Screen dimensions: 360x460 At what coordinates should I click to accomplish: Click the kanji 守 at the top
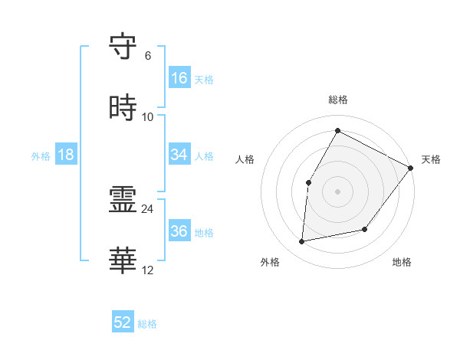tap(123, 47)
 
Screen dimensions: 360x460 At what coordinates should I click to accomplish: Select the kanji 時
tap(123, 109)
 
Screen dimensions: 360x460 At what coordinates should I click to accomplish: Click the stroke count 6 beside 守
tap(148, 56)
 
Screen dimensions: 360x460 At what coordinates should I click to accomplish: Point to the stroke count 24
tap(148, 208)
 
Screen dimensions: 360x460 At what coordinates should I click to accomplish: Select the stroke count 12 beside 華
tap(148, 270)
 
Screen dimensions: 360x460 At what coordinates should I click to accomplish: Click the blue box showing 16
tap(179, 78)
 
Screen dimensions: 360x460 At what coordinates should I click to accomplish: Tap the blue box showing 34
tap(179, 155)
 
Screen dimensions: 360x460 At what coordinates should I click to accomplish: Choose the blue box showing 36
tap(179, 231)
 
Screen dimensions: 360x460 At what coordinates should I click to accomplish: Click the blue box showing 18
tap(66, 155)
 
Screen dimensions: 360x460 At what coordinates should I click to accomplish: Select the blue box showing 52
tap(123, 322)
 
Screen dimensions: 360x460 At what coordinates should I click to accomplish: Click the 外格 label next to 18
tap(41, 155)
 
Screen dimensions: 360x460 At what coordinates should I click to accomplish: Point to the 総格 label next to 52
tap(147, 324)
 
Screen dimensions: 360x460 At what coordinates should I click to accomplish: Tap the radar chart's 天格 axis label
tap(431, 159)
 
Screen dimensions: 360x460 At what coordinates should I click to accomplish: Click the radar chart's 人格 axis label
tap(245, 159)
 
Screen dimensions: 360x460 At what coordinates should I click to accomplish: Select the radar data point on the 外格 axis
tap(302, 242)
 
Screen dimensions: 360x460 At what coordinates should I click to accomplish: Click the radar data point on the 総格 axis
tap(337, 130)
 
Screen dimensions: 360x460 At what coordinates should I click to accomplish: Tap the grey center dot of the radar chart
tap(337, 191)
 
